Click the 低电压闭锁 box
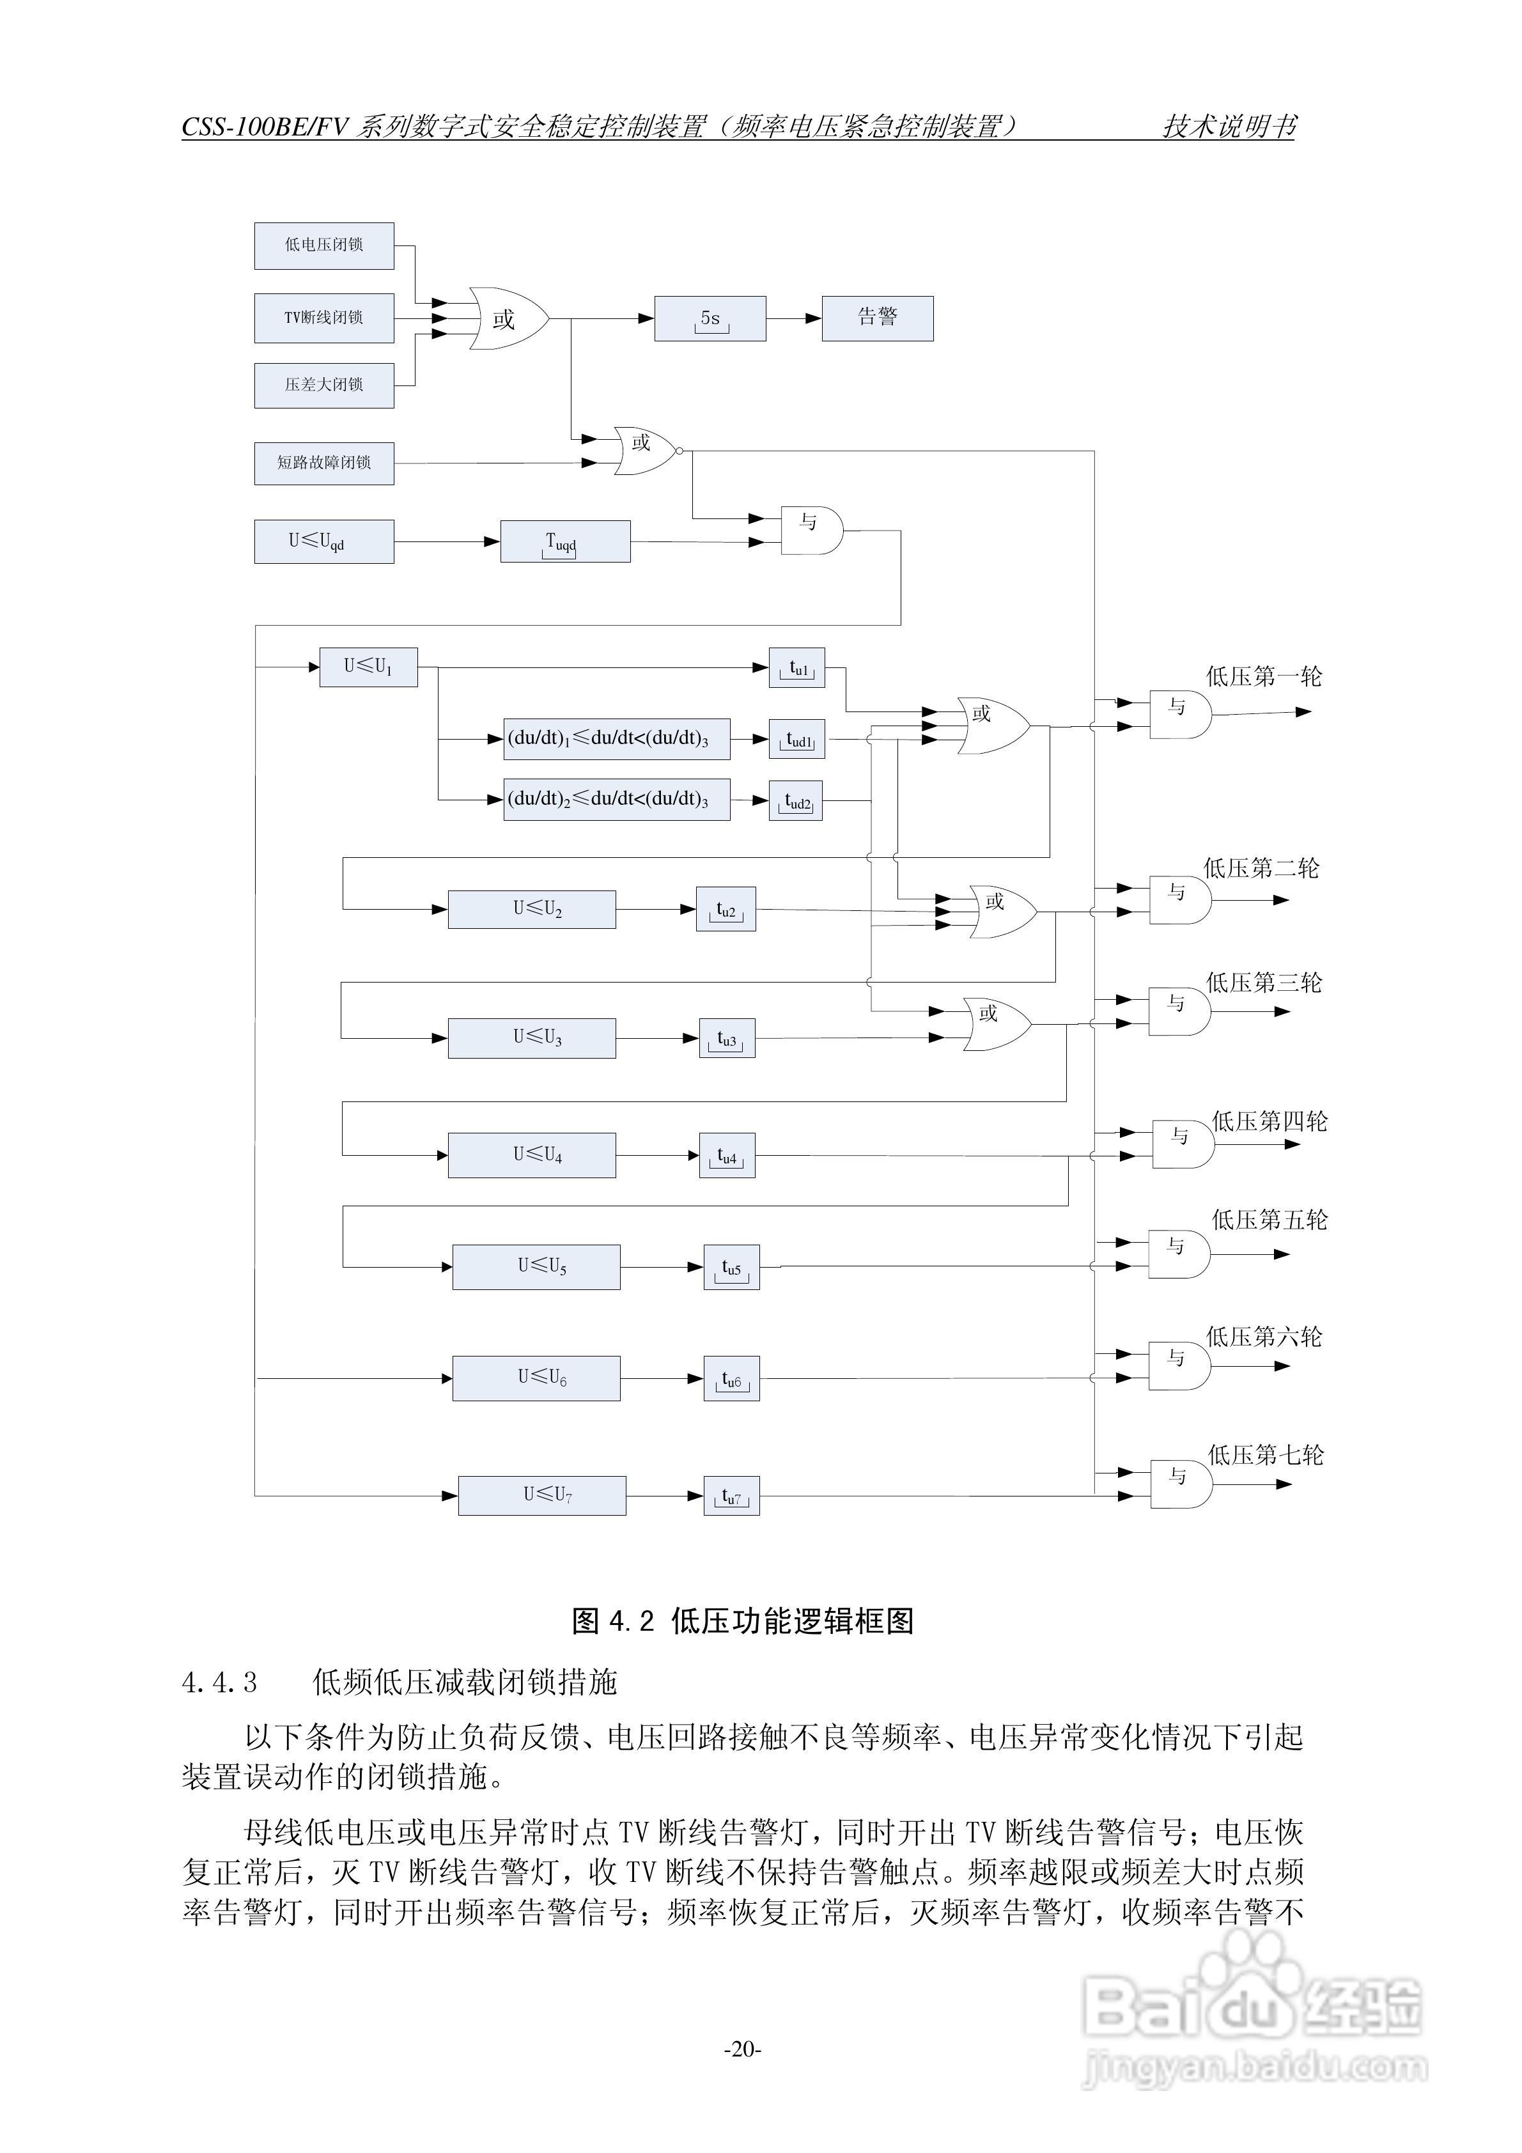[323, 245]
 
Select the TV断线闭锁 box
[323, 318]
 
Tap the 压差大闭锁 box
[323, 384]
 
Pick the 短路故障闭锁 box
[323, 463]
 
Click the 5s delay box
[710, 319]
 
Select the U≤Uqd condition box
[323, 542]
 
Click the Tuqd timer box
[564, 542]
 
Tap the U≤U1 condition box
[368, 667]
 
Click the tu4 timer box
[727, 1155]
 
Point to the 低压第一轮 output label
[1263, 676]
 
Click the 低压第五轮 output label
[1270, 1220]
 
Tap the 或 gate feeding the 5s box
[506, 319]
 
